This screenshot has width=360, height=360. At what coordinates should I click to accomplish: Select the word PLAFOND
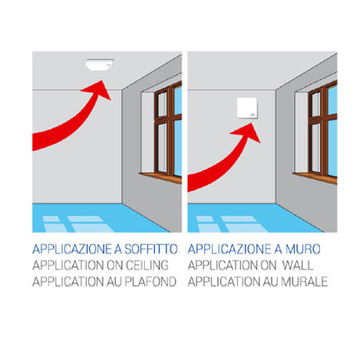[152, 279]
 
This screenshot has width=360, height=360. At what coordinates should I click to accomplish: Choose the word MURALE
[301, 279]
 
